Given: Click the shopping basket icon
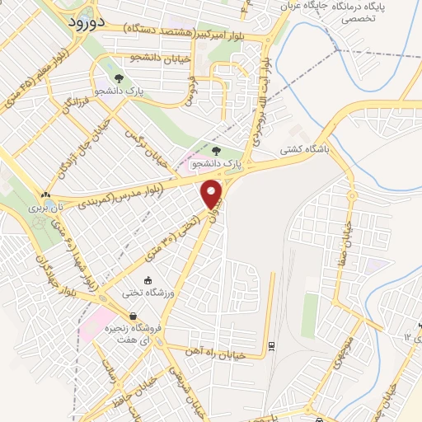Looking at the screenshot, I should pyautogui.click(x=133, y=316).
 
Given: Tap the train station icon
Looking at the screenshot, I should pyautogui.click(x=271, y=344).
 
